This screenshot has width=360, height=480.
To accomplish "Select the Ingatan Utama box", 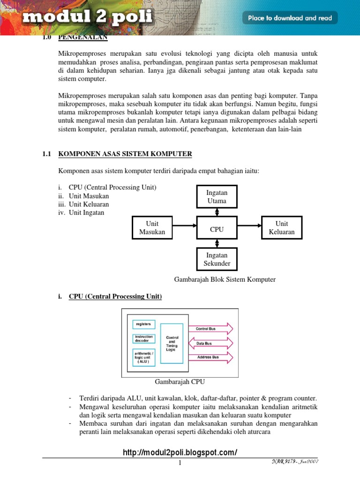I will coord(217,196).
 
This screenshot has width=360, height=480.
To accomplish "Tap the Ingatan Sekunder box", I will coord(217,259).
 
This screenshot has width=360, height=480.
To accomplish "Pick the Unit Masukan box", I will coord(152,228).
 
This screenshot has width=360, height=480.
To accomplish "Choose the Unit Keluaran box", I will coord(282,228).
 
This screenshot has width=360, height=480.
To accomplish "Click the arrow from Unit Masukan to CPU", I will coord(184,225).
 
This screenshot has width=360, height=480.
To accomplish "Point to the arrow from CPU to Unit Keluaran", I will coord(249,225).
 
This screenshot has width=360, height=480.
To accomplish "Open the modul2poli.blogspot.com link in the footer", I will coord(180,452).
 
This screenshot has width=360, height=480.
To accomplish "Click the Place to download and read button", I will coord(290,18).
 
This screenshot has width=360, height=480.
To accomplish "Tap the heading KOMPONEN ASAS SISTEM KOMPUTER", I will coord(125,154).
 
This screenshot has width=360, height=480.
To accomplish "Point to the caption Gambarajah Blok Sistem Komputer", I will coord(225,279).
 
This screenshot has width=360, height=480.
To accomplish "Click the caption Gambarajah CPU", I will coord(180,382).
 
